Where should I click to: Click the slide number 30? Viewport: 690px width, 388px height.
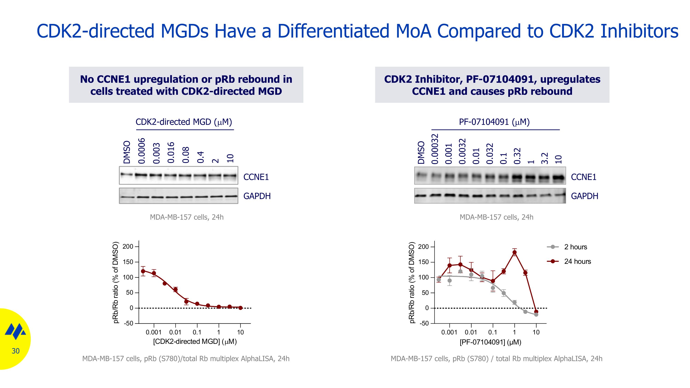point(16,351)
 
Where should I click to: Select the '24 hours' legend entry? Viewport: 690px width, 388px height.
point(577,261)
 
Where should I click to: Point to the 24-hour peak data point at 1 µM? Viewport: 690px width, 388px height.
point(514,252)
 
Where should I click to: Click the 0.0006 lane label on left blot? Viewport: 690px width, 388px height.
point(141,151)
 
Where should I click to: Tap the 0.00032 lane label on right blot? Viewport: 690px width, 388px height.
point(435,149)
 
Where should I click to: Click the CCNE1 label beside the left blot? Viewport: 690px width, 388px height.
point(256,177)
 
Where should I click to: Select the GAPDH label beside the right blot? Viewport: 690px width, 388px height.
point(584,196)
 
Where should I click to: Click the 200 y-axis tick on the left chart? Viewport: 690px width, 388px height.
point(128,246)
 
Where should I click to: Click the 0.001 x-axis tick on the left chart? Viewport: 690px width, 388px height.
point(153,332)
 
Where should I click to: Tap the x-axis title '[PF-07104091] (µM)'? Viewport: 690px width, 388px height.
point(490,342)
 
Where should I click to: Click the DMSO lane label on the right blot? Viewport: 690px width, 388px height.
point(421,152)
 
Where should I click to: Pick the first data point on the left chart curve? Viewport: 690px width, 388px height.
point(143,271)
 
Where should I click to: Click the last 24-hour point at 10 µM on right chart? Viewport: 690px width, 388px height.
point(536,312)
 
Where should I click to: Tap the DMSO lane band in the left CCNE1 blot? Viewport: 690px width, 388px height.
point(126,175)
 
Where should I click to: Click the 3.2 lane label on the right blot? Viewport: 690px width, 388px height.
point(545,158)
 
